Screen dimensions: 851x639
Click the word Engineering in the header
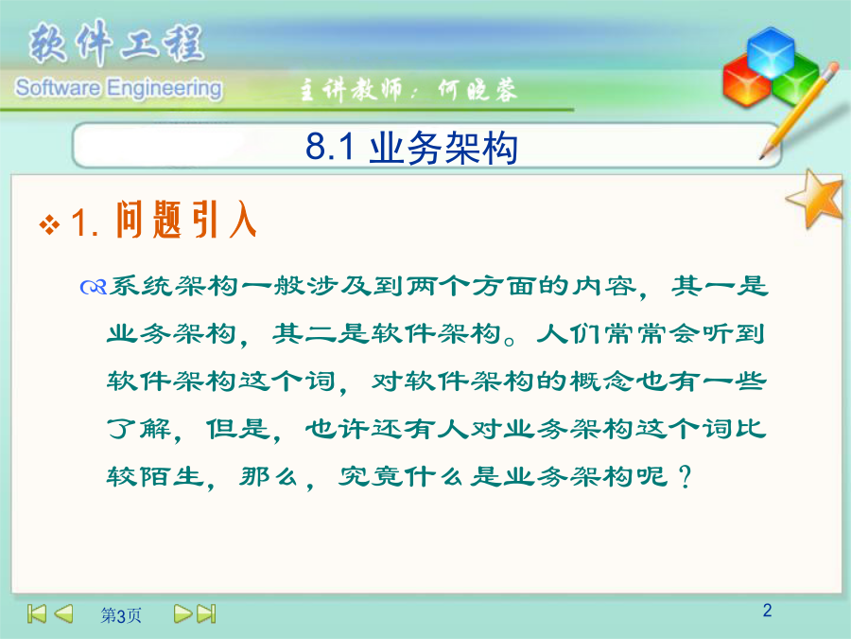(x=164, y=89)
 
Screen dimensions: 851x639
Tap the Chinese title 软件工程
(x=116, y=43)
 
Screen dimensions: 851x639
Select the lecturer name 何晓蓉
(x=478, y=90)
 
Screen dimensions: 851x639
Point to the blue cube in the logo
(x=770, y=52)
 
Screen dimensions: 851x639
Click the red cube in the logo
(x=746, y=80)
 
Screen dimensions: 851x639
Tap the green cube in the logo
(x=795, y=80)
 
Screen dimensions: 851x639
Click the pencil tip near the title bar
(x=762, y=157)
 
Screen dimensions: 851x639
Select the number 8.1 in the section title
(x=330, y=147)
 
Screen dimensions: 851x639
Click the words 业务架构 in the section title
(x=443, y=148)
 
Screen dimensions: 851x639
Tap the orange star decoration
(x=816, y=199)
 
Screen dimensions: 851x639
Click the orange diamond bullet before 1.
(x=49, y=225)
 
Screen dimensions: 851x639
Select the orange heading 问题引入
(x=186, y=219)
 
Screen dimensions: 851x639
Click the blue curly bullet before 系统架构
(x=93, y=286)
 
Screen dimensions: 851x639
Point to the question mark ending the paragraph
(x=685, y=476)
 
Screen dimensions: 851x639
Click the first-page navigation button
(x=37, y=613)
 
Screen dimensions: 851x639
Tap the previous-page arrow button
(x=63, y=613)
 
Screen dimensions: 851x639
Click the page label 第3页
(x=121, y=615)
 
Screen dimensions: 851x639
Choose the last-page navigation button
(x=206, y=613)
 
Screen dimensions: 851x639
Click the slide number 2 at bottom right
(x=767, y=611)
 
